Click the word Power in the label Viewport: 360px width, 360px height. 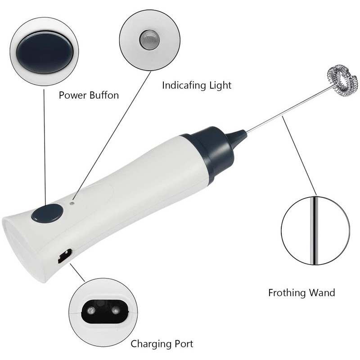point(72,95)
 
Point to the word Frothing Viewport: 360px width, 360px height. point(287,293)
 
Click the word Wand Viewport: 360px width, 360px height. point(322,293)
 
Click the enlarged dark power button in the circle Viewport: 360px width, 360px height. point(45,53)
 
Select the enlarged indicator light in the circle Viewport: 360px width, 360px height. point(149,40)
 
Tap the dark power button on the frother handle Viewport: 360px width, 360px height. point(47,213)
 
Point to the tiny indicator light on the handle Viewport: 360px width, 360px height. point(72,203)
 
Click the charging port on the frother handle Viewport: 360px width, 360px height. point(64,256)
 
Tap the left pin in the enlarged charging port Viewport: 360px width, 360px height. point(90,311)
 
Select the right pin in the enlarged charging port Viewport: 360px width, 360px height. point(116,311)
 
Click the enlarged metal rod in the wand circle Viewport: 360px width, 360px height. point(314,230)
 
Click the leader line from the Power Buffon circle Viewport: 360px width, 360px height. point(45,147)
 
